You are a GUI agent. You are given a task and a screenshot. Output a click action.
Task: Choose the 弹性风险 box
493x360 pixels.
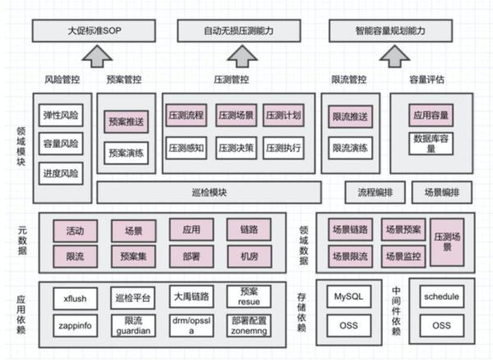(x=61, y=115)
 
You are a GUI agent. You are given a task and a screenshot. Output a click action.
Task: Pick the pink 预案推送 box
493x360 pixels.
(x=126, y=121)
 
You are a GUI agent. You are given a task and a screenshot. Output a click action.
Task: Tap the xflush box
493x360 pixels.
(x=76, y=298)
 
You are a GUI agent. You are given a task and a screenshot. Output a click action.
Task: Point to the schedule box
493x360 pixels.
(x=441, y=295)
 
